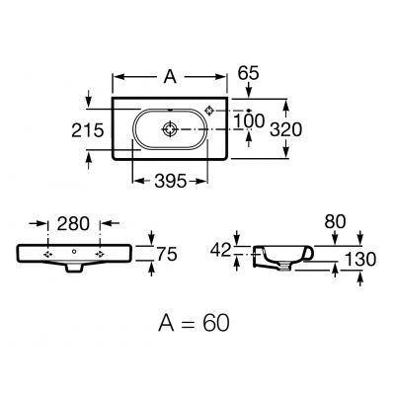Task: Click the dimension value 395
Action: pos(171,181)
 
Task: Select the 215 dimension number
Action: pos(88,130)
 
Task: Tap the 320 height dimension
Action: pos(285,129)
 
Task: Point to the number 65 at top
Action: pos(249,73)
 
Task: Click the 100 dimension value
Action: pos(249,120)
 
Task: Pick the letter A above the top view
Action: pos(170,77)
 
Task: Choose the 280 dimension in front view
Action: pos(73,224)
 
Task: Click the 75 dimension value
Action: pos(167,255)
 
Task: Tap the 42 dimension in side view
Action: pos(221,251)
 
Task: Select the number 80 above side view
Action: pos(335,222)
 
